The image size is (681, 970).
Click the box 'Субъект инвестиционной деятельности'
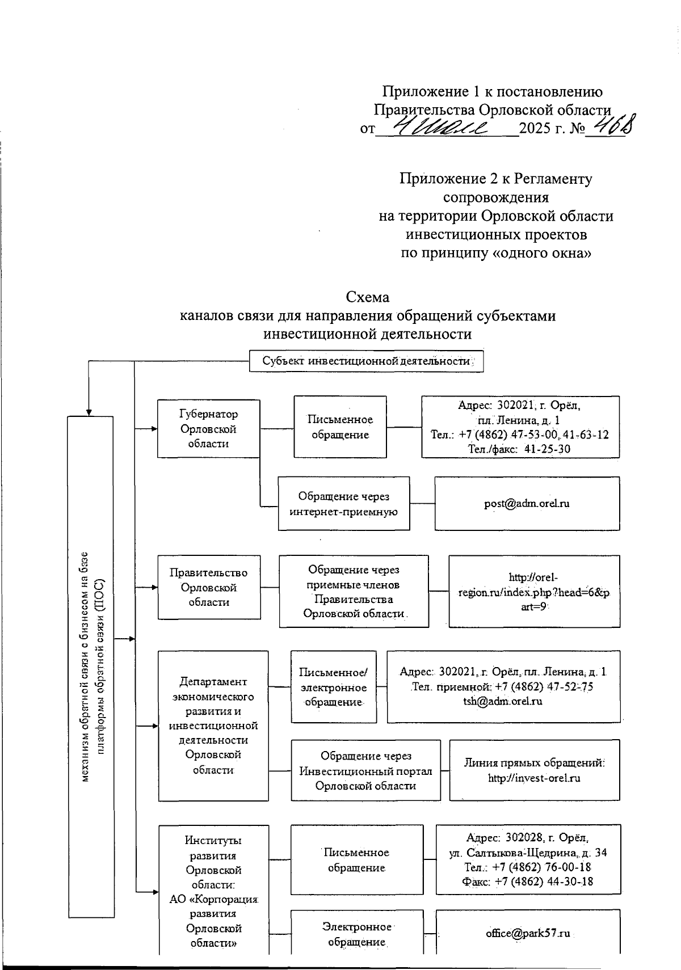click(x=366, y=361)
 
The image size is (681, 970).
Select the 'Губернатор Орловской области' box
click(x=208, y=429)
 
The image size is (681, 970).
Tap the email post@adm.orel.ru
click(x=527, y=503)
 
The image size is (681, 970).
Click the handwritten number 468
click(x=611, y=125)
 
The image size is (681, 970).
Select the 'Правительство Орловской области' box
click(x=208, y=587)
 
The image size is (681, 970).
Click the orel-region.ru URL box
click(x=534, y=592)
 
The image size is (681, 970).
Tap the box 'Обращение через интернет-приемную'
click(x=343, y=504)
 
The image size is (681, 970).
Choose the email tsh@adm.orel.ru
click(x=503, y=701)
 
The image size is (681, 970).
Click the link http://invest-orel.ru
click(x=534, y=778)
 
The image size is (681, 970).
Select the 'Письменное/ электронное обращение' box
click(x=333, y=687)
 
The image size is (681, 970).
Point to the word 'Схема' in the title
click(x=367, y=297)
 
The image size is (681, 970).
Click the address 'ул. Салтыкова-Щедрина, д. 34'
click(x=528, y=852)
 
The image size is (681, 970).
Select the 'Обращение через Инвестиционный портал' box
click(x=365, y=770)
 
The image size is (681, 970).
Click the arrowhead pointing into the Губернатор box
click(x=154, y=429)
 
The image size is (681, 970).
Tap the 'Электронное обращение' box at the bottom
click(x=356, y=934)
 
